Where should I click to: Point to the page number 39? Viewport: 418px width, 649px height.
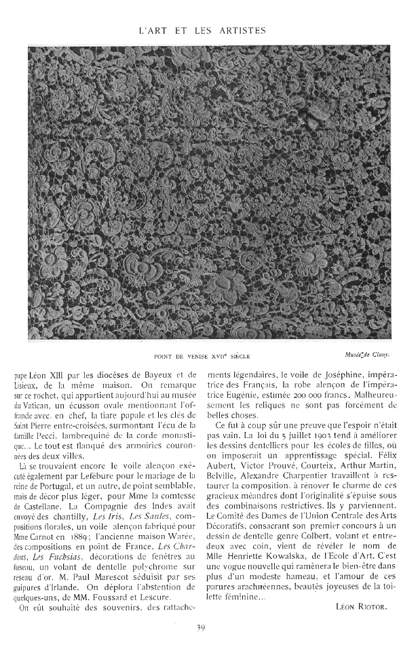click(x=201, y=627)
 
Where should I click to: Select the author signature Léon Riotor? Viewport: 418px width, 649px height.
click(x=362, y=587)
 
